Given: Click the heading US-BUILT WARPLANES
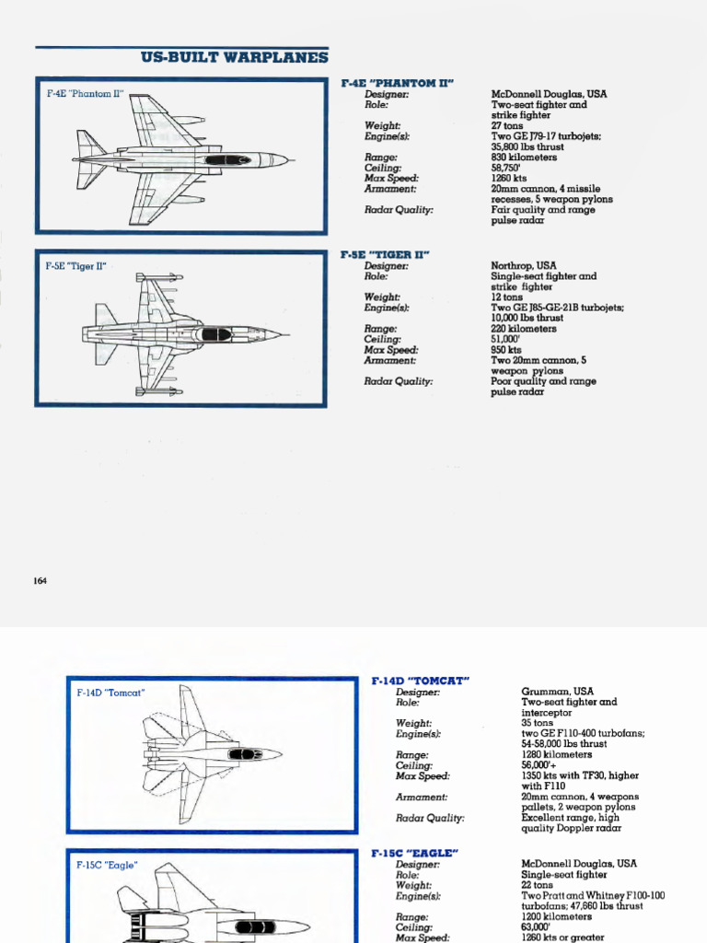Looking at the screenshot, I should (234, 57).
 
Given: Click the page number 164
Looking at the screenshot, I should (40, 581).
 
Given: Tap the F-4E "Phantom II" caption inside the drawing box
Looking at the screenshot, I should (85, 95).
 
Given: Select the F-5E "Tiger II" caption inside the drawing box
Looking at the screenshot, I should (76, 266).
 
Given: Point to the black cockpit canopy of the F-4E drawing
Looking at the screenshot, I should (227, 160).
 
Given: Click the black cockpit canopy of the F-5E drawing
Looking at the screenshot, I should (216, 334).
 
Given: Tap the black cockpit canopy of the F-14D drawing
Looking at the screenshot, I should (245, 754).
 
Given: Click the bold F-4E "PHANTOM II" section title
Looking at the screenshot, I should (397, 83).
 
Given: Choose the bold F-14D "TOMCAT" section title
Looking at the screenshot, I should (421, 681).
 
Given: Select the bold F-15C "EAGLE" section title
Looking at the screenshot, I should (414, 854).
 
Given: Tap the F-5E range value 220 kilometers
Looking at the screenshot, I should (523, 329).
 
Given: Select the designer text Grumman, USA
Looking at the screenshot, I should (557, 692).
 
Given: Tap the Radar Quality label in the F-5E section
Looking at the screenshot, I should (398, 381).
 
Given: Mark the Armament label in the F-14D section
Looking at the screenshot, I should (422, 797).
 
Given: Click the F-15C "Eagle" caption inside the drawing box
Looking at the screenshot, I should (107, 866).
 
